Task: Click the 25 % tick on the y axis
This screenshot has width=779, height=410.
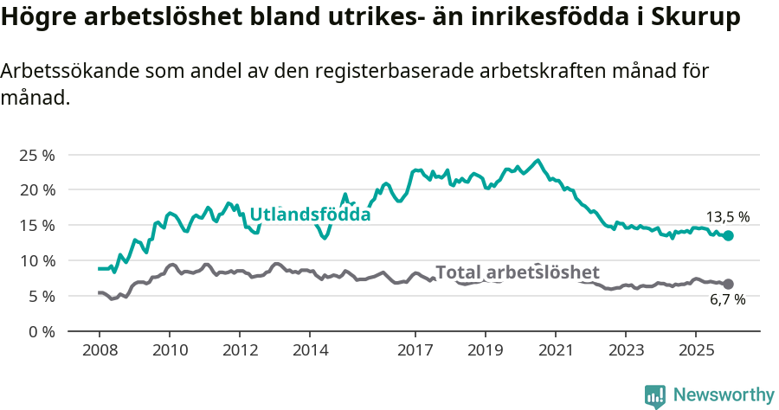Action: (37, 155)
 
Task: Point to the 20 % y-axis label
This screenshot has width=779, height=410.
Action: (37, 190)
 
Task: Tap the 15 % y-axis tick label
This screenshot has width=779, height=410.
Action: (37, 226)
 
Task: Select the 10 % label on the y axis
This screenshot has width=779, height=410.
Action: (37, 261)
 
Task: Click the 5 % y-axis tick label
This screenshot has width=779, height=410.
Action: (41, 297)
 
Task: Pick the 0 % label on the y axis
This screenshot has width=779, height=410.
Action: (41, 332)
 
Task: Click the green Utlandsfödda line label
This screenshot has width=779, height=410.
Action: (310, 215)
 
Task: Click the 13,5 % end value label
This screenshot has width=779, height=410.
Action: (727, 217)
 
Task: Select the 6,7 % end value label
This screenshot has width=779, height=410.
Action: (727, 299)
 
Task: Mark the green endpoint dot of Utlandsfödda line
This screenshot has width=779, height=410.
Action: (728, 235)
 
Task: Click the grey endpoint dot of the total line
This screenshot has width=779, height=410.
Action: (728, 284)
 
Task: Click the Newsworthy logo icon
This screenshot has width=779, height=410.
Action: (655, 395)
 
